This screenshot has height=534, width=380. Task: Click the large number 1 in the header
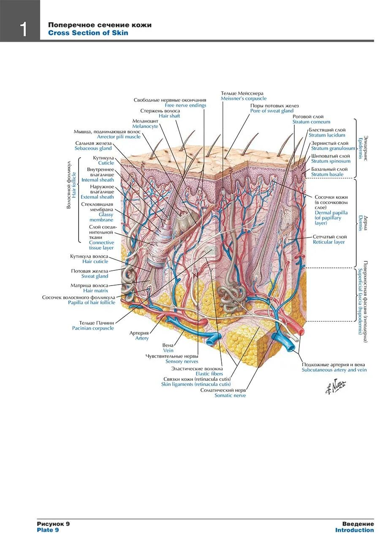coord(23,29)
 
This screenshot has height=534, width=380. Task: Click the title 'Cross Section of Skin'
coord(88,33)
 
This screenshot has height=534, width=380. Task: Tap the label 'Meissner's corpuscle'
coord(244,98)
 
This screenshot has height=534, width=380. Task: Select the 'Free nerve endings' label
coord(185,105)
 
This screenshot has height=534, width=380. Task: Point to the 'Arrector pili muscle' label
coord(119,137)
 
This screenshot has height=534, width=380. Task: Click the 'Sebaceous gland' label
coord(93,148)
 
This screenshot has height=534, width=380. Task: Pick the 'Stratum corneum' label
coord(311,122)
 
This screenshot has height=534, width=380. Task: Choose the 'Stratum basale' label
coord(327,174)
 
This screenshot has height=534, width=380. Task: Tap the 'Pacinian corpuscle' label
coord(93,328)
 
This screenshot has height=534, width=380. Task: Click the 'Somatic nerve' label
coord(230,395)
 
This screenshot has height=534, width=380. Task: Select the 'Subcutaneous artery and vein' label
coord(334,370)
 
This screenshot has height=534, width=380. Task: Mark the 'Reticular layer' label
coord(328,242)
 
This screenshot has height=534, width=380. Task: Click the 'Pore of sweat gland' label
coord(271,111)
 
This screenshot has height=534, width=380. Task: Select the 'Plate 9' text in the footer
coord(48,530)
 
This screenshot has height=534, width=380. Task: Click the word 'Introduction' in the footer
coord(354,530)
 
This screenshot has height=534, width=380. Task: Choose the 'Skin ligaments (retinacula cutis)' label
coord(196,384)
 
